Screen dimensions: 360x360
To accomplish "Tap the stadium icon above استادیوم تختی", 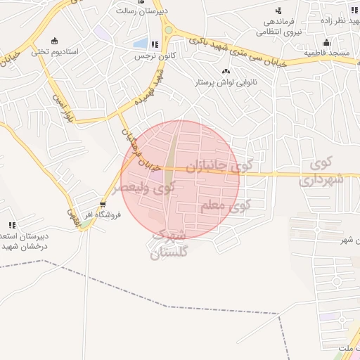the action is click(54, 40).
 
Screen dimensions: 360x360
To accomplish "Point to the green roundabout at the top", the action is click(168, 30).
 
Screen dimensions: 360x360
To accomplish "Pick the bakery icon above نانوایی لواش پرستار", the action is click(226, 71).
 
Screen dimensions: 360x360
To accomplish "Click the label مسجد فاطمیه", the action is click(327, 52).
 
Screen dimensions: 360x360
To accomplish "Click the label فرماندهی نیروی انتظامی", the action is click(278, 27).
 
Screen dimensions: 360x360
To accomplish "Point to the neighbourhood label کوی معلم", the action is click(225, 206).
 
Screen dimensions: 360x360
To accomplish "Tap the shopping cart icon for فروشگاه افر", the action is click(103, 206).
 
